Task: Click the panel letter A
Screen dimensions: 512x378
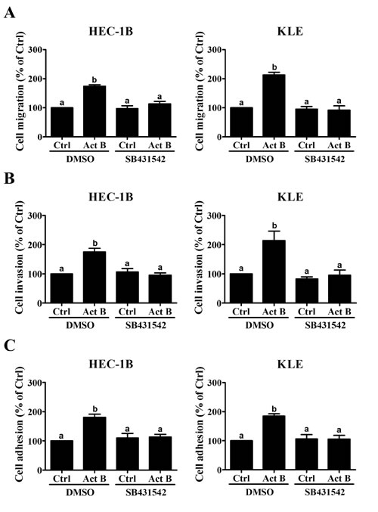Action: pos(11,13)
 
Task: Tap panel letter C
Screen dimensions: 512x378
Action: pos(11,346)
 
